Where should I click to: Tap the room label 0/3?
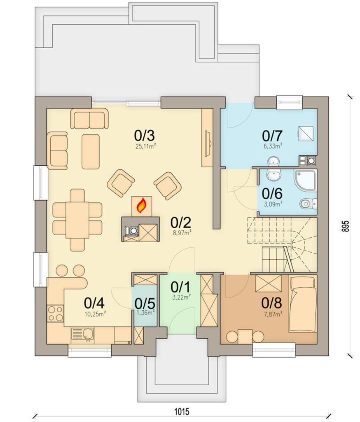[145, 135]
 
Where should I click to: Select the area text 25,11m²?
[146, 146]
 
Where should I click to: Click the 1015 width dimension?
[182, 412]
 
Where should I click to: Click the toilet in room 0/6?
[308, 204]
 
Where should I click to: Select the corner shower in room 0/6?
[305, 180]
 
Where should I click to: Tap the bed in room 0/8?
[302, 304]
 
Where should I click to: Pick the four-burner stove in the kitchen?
[56, 314]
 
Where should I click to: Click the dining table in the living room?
[77, 220]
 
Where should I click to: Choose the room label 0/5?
[145, 304]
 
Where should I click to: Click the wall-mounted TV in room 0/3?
[208, 143]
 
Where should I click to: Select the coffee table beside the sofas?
[91, 152]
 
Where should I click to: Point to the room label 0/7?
[272, 136]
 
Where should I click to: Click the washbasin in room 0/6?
[274, 175]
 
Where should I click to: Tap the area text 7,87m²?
[273, 314]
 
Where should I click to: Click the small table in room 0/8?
[245, 336]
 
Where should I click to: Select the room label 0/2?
[181, 222]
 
